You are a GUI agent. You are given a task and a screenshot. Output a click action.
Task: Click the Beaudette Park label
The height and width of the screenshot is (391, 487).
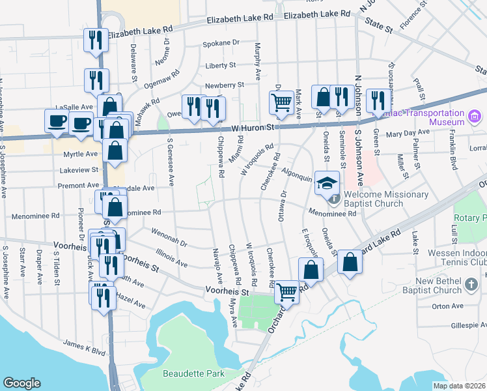(x=192, y=373)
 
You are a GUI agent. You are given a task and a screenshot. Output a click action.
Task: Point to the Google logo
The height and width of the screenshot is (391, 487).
(x=21, y=383)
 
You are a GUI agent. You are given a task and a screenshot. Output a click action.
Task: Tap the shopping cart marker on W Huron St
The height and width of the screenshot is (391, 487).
(x=281, y=102)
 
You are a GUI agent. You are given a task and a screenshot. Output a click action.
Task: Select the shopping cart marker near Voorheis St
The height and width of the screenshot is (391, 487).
(x=286, y=291)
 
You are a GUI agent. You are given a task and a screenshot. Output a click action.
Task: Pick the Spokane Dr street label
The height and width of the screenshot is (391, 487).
(x=221, y=43)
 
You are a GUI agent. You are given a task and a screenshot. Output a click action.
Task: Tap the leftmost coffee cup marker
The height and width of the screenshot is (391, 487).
(x=57, y=121)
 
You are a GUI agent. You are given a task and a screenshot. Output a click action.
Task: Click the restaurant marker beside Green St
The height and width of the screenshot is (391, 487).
(x=377, y=100)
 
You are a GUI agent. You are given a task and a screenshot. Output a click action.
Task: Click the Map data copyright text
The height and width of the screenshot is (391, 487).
(x=459, y=386)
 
